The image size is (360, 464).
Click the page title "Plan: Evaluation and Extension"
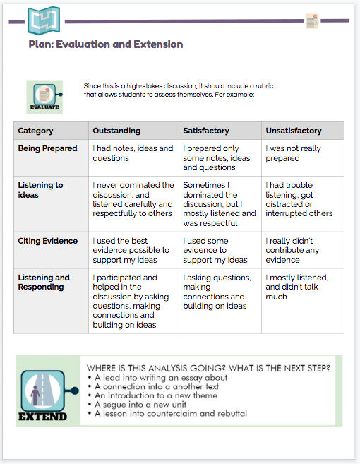coord(106,44)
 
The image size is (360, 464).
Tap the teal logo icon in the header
coord(44,20)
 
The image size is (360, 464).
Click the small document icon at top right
coord(311,21)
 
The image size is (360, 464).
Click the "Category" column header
coord(35,131)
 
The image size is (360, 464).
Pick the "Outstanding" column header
coord(116,131)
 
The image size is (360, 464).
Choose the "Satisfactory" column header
coord(206,131)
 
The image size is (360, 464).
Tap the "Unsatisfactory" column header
coord(293,131)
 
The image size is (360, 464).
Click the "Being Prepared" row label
coord(47,149)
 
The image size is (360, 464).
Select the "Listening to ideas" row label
coord(40,190)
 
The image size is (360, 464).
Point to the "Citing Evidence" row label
coord(47,241)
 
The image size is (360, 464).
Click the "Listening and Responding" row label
coord(44,282)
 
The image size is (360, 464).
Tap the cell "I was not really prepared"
coord(293,154)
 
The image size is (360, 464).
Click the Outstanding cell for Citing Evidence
coord(131,250)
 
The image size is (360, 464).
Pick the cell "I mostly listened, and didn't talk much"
coord(296,287)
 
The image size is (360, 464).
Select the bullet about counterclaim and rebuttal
coord(171,413)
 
